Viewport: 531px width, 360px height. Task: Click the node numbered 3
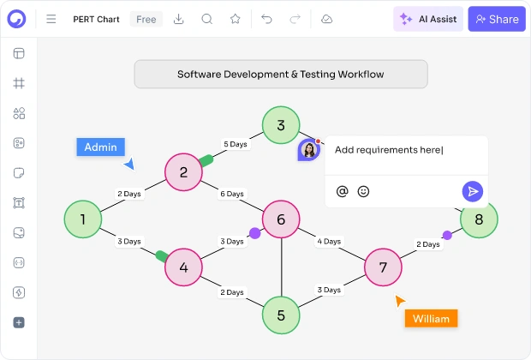point(281,125)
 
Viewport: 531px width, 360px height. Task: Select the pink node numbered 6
point(281,219)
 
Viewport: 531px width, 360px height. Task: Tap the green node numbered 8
point(479,219)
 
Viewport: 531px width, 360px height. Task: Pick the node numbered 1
point(83,219)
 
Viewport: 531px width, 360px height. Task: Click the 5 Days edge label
point(236,144)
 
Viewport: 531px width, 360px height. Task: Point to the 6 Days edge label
point(232,194)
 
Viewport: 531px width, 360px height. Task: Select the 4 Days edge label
point(329,242)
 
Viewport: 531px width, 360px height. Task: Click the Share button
point(497,19)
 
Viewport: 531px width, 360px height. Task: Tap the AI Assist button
point(428,19)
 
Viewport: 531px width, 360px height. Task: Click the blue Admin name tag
point(100,147)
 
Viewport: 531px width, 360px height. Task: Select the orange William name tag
point(431,319)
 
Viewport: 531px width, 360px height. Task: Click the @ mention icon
point(342,191)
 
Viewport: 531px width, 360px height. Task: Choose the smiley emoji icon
point(363,191)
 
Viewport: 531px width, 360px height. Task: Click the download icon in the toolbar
point(178,19)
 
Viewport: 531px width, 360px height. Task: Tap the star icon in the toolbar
point(235,19)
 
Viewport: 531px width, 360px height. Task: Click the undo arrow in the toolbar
point(267,19)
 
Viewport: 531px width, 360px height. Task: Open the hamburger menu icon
point(51,19)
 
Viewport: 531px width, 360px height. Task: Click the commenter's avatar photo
point(309,150)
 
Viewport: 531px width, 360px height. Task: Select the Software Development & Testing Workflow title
point(281,75)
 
